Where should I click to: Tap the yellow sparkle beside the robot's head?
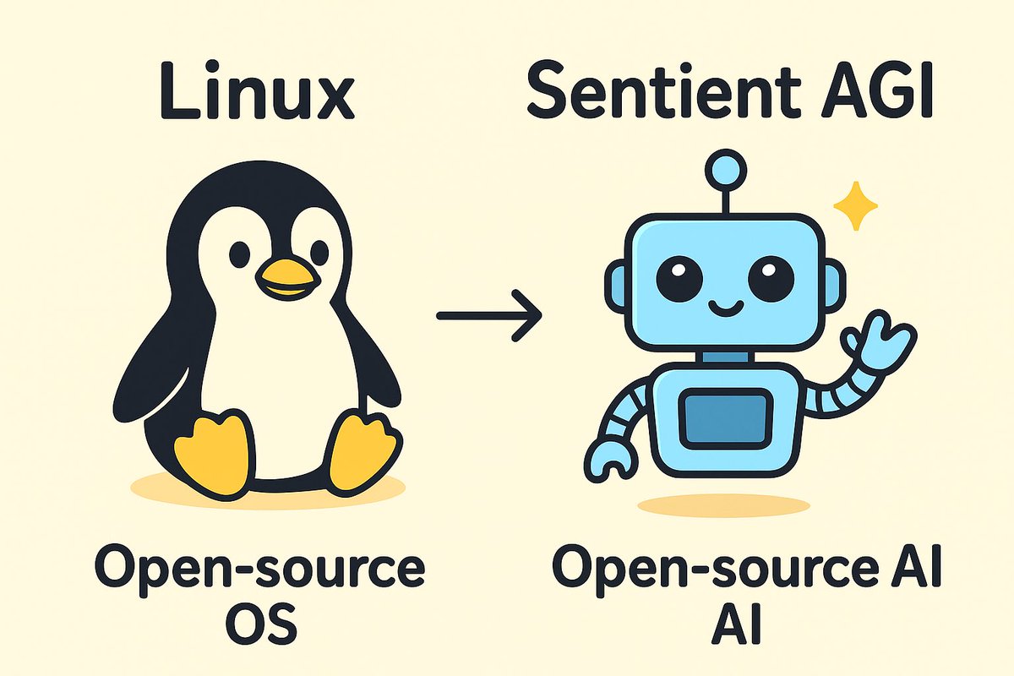[855, 205]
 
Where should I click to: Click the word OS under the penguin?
[263, 626]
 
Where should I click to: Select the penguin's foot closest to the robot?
[363, 452]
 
